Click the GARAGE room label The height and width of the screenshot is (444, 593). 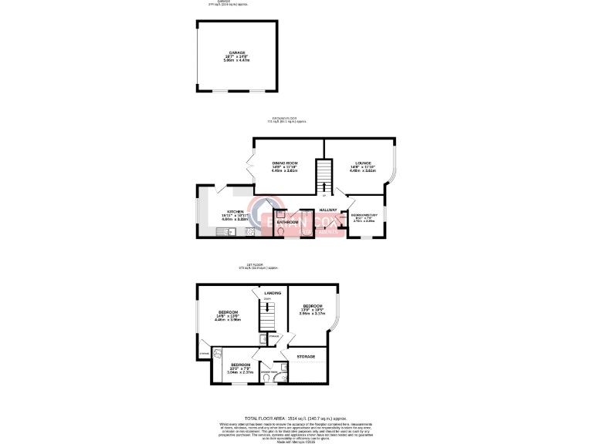tap(236, 53)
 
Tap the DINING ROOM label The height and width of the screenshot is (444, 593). tap(285, 163)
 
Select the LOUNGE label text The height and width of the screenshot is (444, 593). tap(363, 163)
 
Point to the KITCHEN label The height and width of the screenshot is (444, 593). tap(236, 211)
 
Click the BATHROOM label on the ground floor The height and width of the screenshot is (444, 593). tap(288, 222)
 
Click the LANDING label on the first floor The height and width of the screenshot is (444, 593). tap(272, 293)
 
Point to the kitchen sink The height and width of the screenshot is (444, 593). tap(232, 231)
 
